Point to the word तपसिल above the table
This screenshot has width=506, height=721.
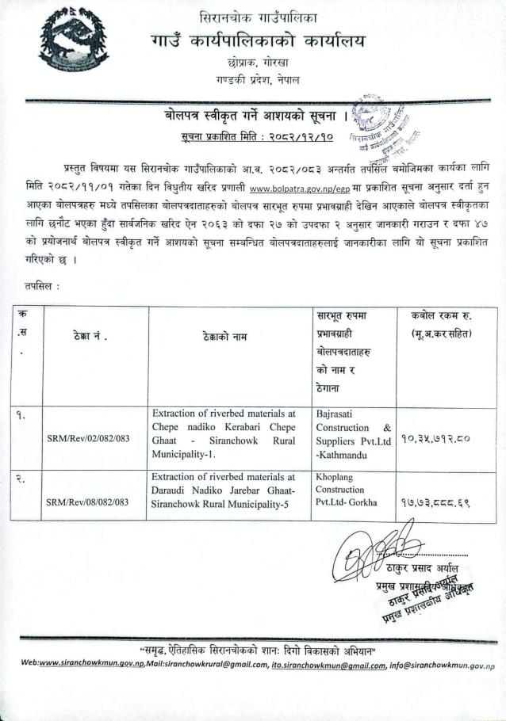[36, 284]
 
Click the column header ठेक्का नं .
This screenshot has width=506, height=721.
[88, 337]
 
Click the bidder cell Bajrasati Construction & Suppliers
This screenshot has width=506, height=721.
[353, 433]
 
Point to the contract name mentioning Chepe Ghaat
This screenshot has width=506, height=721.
[224, 433]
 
